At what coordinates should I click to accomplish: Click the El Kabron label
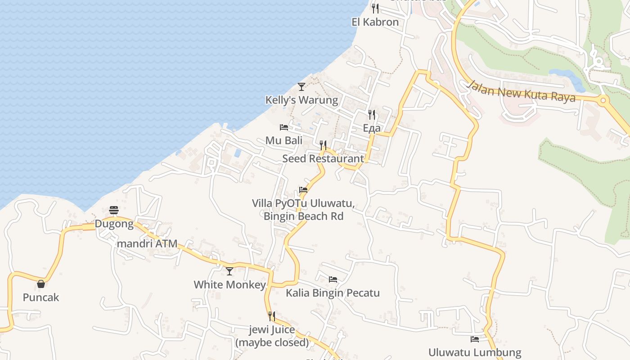click(375, 22)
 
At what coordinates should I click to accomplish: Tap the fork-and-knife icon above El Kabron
click(375, 8)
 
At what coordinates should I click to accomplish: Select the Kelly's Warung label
click(301, 100)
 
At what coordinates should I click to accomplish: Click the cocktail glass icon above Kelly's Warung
click(301, 86)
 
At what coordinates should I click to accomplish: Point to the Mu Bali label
click(283, 140)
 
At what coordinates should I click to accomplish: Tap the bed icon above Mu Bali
click(283, 127)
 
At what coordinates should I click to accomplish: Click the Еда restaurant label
click(372, 128)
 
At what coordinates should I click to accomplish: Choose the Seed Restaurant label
click(323, 158)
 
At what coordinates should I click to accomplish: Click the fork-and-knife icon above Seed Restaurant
click(323, 145)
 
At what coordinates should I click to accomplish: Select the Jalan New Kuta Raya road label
click(521, 91)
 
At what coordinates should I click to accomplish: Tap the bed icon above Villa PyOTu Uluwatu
click(303, 190)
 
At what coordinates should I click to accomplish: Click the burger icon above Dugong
click(114, 210)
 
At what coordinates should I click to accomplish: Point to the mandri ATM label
click(147, 243)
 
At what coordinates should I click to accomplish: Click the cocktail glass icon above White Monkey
click(229, 271)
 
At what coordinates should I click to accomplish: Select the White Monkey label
click(229, 284)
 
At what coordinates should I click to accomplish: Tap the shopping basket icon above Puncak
click(41, 284)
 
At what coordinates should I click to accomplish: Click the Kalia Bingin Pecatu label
click(333, 293)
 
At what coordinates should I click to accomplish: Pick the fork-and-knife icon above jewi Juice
click(272, 316)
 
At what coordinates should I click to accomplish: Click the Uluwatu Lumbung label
click(475, 352)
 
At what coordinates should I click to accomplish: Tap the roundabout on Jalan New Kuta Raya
click(603, 100)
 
